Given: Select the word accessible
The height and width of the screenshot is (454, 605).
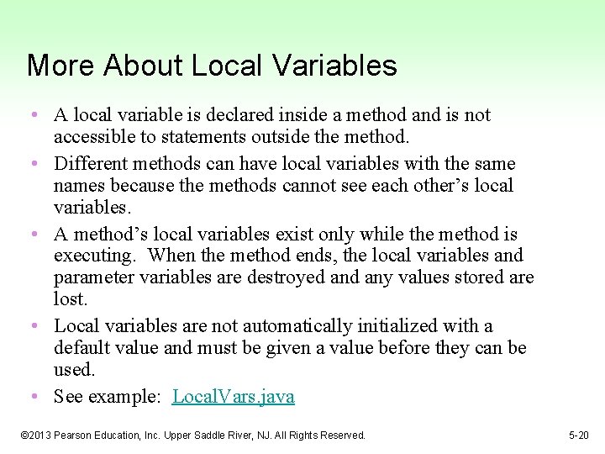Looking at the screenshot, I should (94, 136).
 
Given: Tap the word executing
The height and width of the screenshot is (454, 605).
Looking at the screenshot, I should (92, 256).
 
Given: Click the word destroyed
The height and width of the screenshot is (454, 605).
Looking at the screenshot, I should (281, 277).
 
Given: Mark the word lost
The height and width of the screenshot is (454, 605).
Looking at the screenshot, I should (70, 299).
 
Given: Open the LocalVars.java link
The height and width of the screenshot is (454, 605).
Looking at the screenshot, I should (234, 397).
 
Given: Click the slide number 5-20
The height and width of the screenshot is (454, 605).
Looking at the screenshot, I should (578, 436).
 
